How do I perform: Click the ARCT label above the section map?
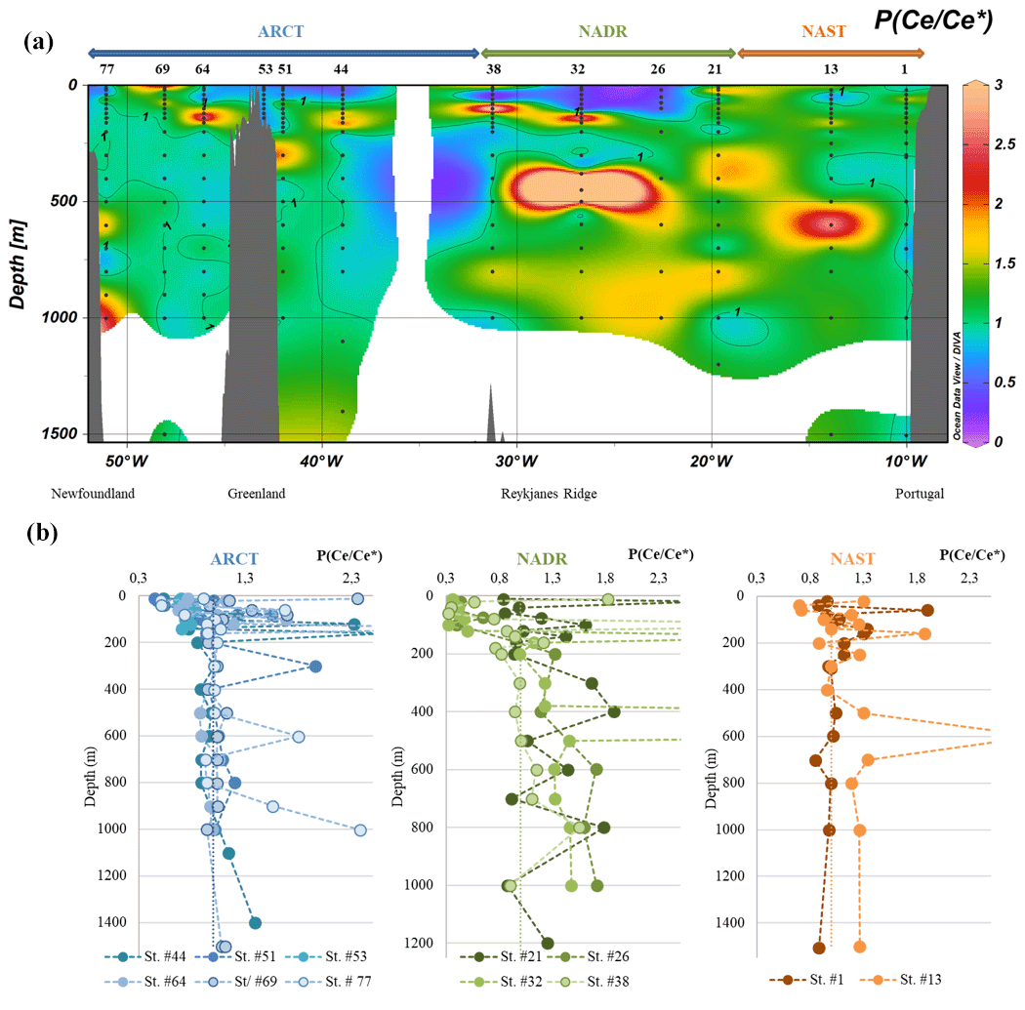[281, 31]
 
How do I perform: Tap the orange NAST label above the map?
[824, 31]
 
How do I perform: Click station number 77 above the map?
[107, 69]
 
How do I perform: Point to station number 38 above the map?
[493, 69]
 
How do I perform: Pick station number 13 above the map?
[831, 69]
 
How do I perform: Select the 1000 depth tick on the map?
[62, 317]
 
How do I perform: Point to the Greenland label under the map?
[257, 494]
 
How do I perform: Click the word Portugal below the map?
[920, 494]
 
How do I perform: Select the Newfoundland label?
[96, 494]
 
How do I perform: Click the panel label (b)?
[44, 533]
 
